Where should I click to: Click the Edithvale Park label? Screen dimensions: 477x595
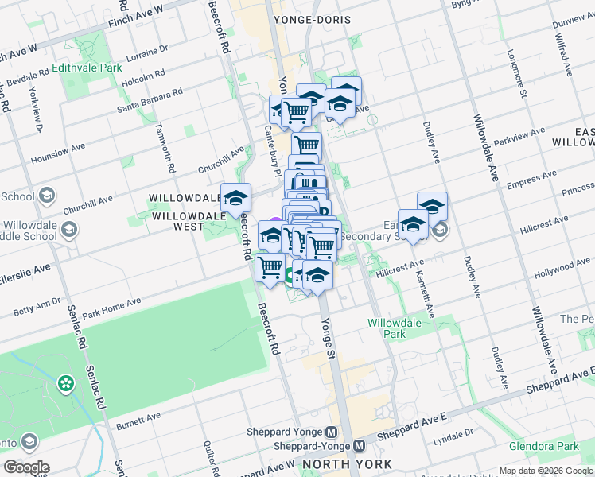pos(87,68)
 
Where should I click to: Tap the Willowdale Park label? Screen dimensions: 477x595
pos(387,328)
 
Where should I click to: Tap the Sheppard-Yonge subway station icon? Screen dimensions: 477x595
pos(360,446)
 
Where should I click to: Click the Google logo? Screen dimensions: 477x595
pos(27,467)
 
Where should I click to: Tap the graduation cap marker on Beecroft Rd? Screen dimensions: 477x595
pos(235,199)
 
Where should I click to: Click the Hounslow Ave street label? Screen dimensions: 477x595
pos(57,153)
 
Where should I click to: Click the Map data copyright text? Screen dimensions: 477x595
pos(546,471)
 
